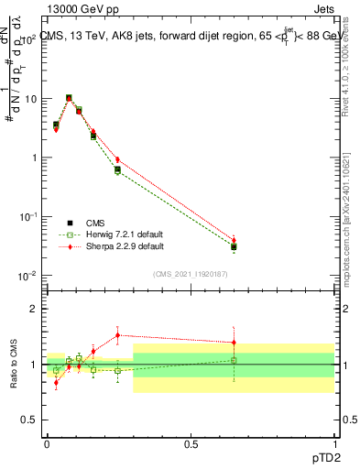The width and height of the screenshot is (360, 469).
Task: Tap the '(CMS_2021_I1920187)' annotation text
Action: (191, 272)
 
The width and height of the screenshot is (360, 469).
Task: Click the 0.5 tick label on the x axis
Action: (191, 442)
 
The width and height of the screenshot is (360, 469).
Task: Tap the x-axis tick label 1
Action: (334, 442)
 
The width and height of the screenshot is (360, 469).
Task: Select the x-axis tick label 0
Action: (47, 442)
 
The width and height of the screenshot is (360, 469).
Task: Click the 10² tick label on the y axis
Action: (27, 38)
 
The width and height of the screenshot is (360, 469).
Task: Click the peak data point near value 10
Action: (69, 98)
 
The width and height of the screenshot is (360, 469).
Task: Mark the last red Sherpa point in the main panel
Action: (234, 240)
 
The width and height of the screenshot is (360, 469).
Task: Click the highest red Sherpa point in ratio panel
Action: (117, 335)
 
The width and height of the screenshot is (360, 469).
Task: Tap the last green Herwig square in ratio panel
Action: (234, 360)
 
